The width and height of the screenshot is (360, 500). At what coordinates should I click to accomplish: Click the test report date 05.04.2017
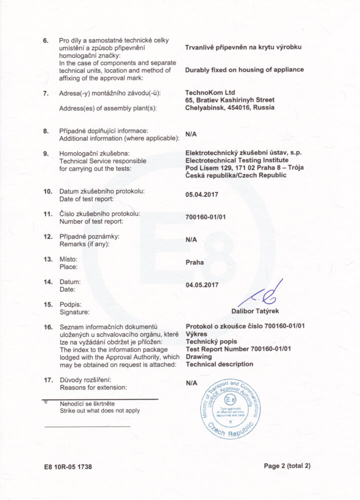[201, 194]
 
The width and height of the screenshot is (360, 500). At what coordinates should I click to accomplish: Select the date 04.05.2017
[201, 285]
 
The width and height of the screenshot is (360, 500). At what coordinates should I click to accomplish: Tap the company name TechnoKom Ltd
[210, 92]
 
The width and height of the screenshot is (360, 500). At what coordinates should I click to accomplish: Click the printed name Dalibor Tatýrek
[255, 311]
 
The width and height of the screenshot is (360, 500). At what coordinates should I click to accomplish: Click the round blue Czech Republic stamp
[230, 409]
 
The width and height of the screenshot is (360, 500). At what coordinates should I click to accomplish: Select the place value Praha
[194, 262]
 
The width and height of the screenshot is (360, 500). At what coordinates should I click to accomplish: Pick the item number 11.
[48, 213]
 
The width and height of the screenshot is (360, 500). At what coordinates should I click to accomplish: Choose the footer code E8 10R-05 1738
[68, 466]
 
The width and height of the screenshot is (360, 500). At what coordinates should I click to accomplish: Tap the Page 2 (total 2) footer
[287, 465]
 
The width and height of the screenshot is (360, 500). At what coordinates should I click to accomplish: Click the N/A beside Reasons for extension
[191, 383]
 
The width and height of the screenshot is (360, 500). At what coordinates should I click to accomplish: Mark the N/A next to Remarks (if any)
[191, 239]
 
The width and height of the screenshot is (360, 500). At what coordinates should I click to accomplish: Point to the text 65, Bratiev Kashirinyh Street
[229, 100]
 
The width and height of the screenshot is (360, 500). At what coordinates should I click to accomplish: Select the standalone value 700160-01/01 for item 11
[205, 217]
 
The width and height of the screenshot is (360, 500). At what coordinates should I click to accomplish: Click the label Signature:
[74, 312]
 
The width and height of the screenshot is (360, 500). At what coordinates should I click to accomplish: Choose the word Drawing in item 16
[199, 357]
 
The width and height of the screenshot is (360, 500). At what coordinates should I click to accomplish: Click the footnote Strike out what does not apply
[100, 410]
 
